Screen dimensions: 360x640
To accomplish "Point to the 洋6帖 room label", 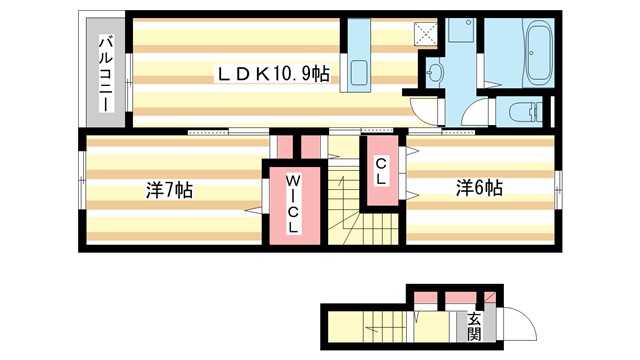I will [x=480, y=187].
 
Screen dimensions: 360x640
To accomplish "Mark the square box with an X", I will [x=427, y=30].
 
